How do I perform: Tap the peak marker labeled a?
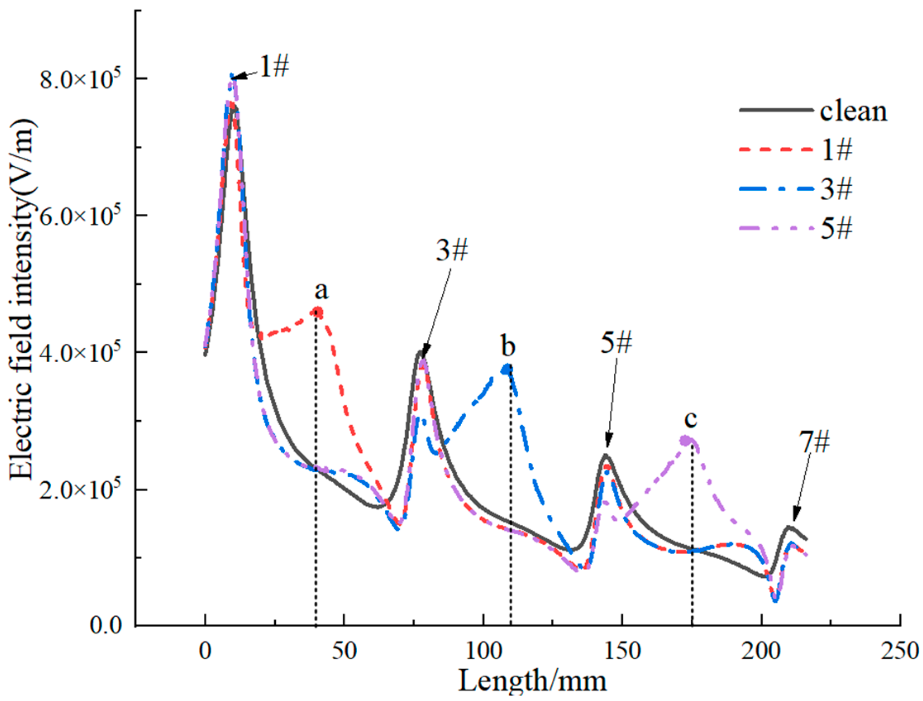tap(318, 312)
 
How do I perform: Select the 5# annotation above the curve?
tap(616, 343)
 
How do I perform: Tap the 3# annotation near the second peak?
tap(452, 251)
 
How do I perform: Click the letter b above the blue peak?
tap(508, 346)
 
